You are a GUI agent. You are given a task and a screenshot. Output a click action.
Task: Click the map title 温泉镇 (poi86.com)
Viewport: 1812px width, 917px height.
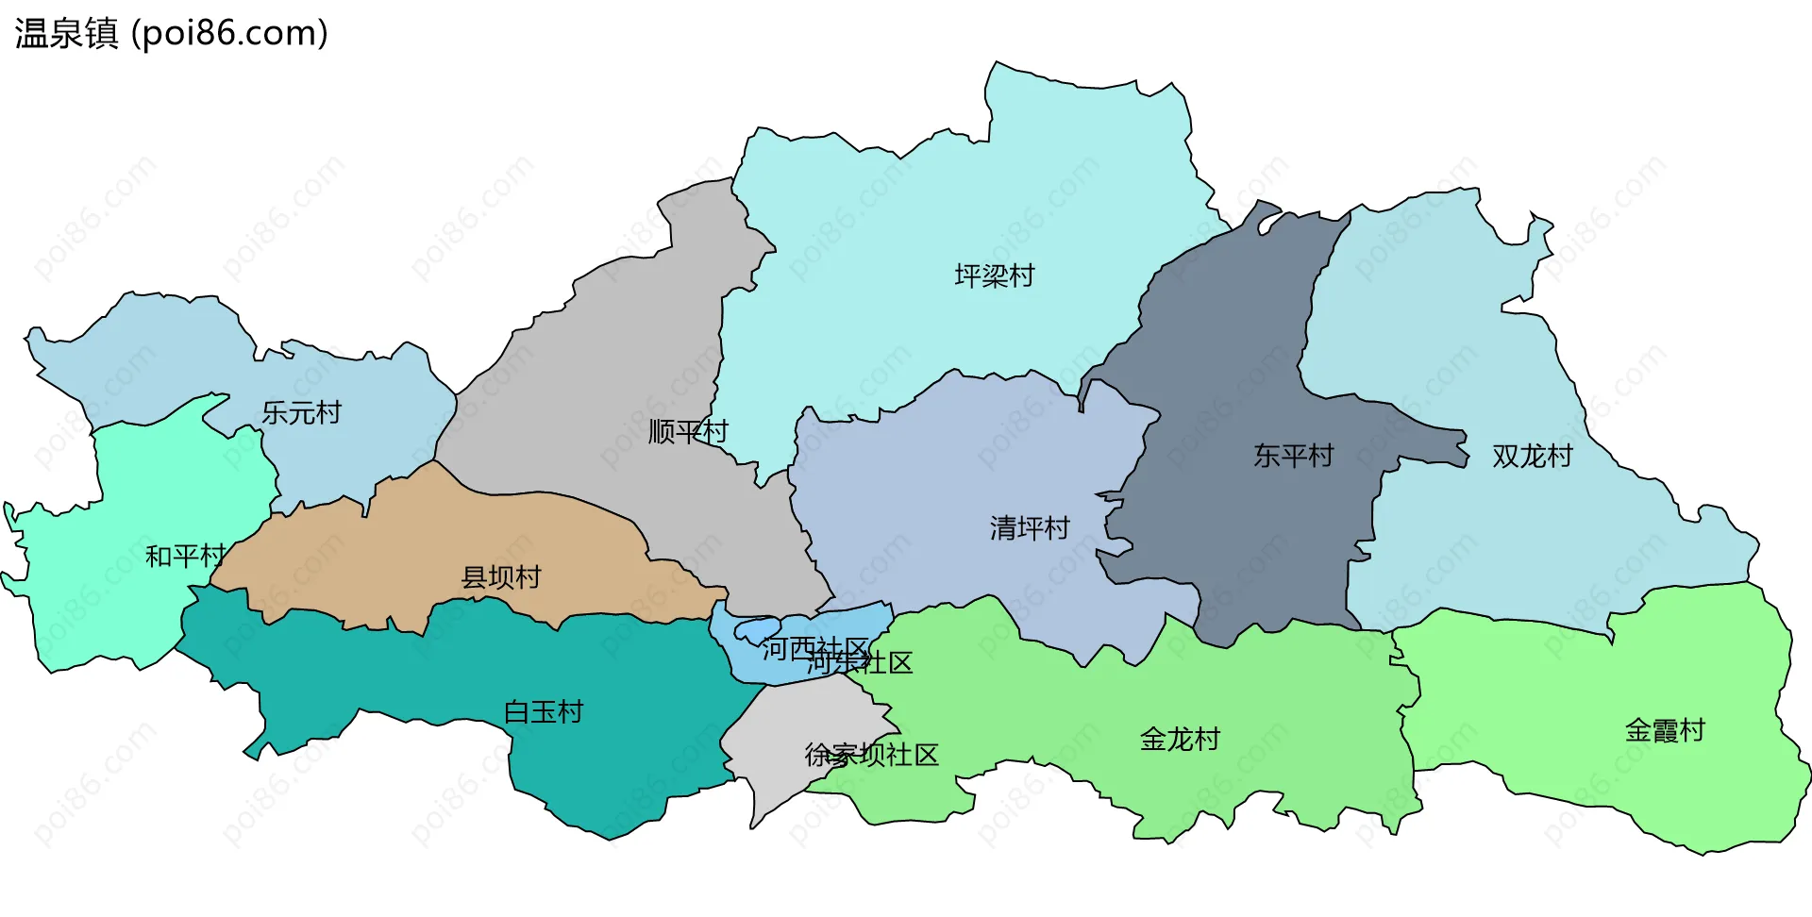click(171, 33)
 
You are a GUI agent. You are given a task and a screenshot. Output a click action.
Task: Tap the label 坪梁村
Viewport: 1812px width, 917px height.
click(995, 275)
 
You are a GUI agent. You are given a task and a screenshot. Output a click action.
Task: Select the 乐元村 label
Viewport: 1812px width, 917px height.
click(301, 412)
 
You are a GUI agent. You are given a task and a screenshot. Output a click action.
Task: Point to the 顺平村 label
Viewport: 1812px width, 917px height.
click(688, 431)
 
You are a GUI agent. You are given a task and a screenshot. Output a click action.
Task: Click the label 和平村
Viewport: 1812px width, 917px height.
click(185, 556)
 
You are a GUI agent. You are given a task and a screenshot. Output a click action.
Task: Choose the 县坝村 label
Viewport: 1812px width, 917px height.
click(501, 576)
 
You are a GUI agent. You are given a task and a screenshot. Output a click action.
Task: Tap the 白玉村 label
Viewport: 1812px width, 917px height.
click(544, 711)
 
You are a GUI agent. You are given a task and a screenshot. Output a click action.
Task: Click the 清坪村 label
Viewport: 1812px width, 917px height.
click(1030, 527)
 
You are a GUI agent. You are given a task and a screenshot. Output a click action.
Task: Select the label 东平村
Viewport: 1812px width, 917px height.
click(1293, 456)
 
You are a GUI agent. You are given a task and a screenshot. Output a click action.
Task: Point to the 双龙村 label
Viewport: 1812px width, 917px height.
click(1533, 456)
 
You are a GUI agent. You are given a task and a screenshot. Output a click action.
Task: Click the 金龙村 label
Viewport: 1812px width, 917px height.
click(1180, 739)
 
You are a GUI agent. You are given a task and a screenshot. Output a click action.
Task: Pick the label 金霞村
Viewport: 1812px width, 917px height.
click(1665, 730)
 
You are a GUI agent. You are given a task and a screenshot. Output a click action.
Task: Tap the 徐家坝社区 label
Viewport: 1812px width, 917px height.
click(871, 755)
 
